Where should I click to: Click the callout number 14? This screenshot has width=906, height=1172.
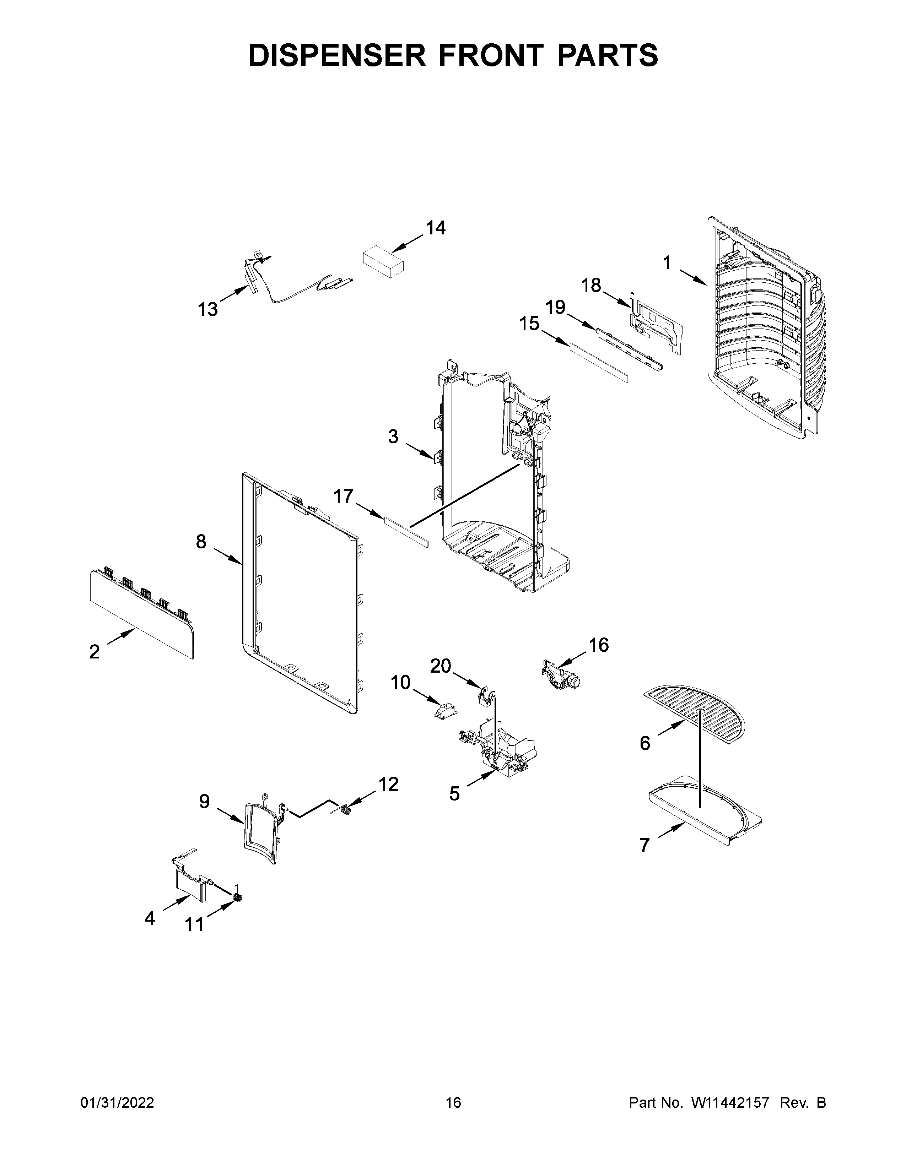435,229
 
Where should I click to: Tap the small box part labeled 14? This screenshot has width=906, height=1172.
383,261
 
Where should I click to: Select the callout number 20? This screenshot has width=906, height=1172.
440,666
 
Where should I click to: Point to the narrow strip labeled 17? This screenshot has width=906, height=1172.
407,530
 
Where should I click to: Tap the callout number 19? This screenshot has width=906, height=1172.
556,308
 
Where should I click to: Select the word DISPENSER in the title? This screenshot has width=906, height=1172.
336,55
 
